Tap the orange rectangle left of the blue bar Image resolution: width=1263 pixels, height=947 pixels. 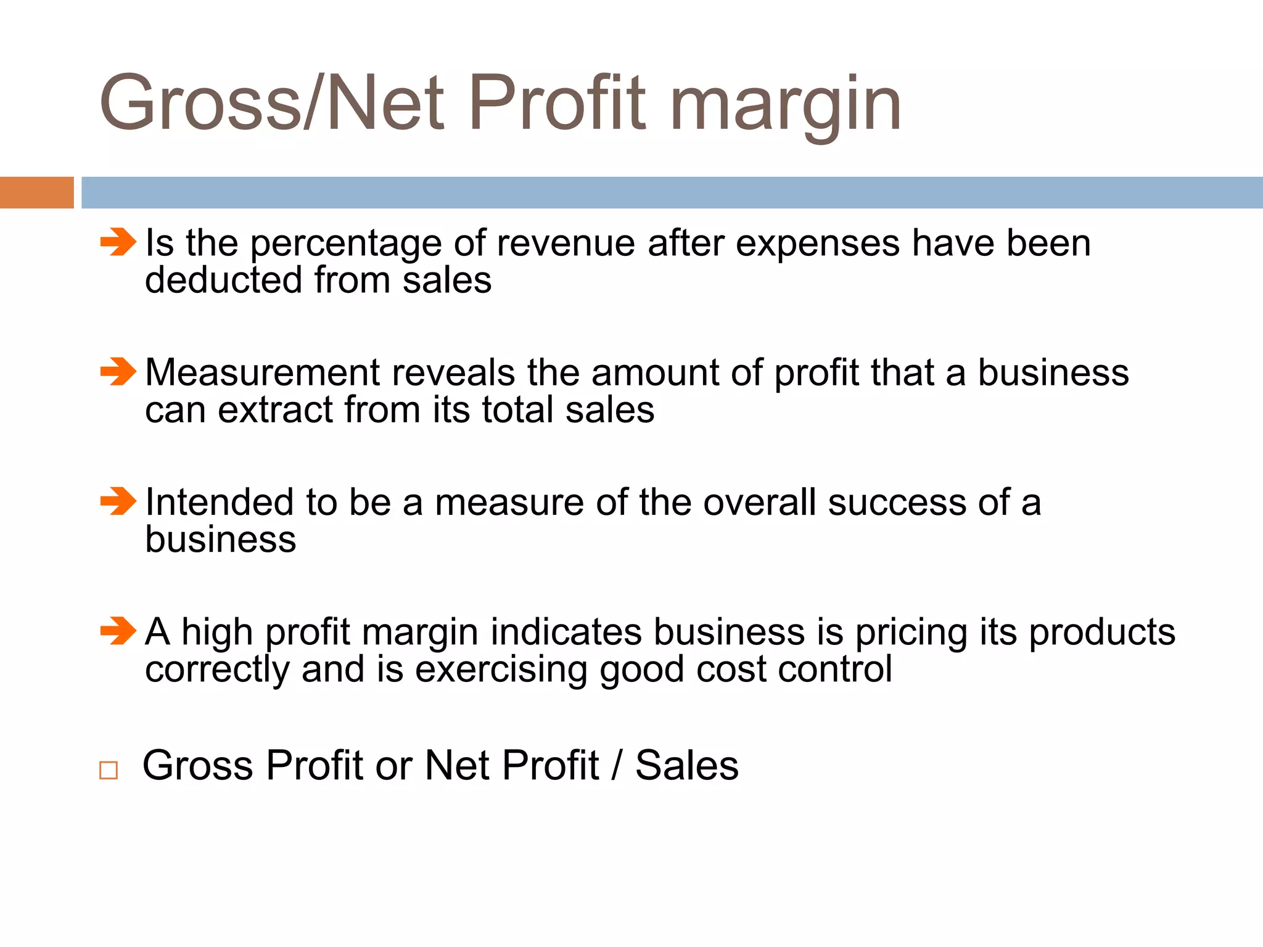[x=36, y=192]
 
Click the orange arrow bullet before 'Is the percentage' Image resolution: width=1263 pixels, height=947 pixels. [x=118, y=242]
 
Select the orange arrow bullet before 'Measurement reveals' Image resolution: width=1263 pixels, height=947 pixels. [x=118, y=372]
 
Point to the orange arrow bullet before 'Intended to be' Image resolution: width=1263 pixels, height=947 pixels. [x=118, y=501]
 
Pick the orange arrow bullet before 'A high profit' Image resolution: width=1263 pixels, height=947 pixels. [x=118, y=631]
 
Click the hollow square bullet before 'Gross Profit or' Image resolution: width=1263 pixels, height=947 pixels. [x=109, y=770]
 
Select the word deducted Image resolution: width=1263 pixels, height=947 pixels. [x=223, y=281]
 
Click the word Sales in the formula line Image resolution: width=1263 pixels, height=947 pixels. [x=687, y=766]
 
